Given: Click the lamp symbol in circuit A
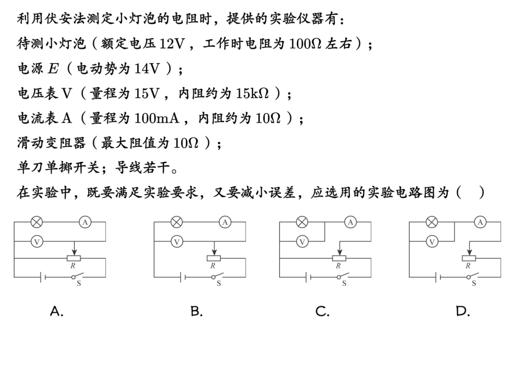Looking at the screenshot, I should tap(36, 222).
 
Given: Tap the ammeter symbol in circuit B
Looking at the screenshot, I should tap(225, 222).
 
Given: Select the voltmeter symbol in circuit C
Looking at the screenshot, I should tap(302, 241).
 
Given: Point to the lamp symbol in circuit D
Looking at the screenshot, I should tap(432, 222).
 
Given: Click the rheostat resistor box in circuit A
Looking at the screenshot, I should tap(74, 258).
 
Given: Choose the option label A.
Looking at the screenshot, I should tap(57, 312).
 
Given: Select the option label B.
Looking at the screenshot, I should tap(196, 312).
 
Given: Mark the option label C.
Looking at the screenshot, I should tap(322, 312).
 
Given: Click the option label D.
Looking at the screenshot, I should tap(462, 312).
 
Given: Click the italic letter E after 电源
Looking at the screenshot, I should tap(53, 68).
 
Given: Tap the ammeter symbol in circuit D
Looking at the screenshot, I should tap(480, 222).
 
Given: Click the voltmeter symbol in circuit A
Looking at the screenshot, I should tap(36, 241).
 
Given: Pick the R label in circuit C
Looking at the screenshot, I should tap(338, 266).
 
